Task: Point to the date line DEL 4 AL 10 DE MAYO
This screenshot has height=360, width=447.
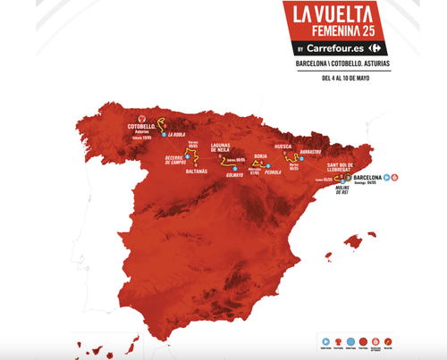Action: [x=345, y=78]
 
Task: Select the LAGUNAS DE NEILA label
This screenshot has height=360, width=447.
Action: [x=230, y=152]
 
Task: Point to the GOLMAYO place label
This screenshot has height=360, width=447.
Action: [x=234, y=175]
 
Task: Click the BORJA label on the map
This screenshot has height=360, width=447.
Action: [x=262, y=155]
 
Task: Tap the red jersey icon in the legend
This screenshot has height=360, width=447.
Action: [x=376, y=341]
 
